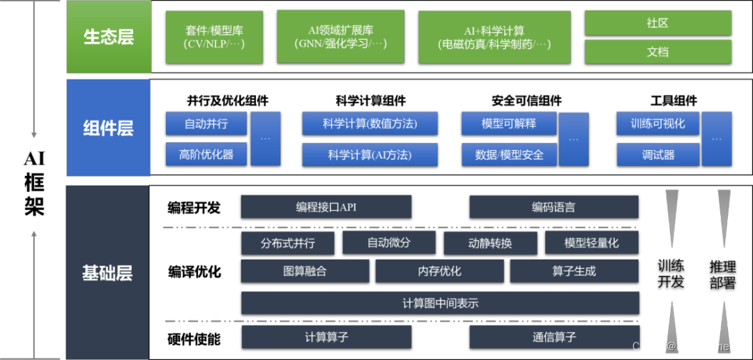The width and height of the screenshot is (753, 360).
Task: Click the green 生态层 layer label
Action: [109, 37]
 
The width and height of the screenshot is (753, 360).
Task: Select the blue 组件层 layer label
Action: [108, 128]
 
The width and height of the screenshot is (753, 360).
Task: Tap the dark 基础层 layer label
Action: [107, 273]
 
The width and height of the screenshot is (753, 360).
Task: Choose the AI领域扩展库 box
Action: [341, 37]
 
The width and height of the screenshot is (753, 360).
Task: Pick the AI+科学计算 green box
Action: [494, 37]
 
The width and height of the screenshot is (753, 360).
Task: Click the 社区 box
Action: [657, 23]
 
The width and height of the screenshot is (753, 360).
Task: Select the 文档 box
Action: [657, 52]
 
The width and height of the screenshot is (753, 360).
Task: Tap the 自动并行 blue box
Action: [206, 123]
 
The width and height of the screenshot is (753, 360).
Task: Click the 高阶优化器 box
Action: [206, 154]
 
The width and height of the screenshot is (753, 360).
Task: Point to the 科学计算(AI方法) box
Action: [370, 154]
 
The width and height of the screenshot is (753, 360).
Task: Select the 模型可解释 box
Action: [509, 123]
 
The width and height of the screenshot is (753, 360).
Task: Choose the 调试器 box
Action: [658, 154]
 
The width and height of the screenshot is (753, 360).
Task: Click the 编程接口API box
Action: [326, 207]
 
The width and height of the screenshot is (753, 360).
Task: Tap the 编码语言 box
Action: [554, 207]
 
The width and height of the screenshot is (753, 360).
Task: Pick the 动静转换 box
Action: [490, 243]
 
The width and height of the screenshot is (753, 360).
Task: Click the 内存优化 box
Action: [439, 271]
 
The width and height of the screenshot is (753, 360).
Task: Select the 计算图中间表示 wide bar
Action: [440, 303]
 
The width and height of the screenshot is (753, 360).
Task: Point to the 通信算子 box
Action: [554, 337]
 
